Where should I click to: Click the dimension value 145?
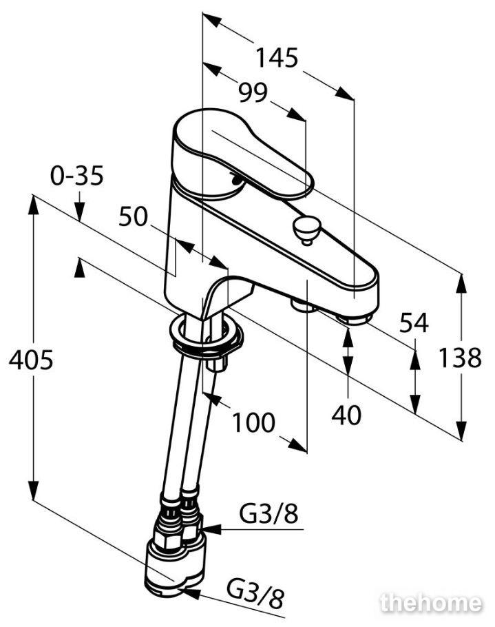pos(277,58)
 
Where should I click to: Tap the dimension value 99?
pos(253,93)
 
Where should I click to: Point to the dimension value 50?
pos(134,217)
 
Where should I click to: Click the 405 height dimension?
pos(31,360)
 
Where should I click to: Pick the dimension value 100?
pos(253,422)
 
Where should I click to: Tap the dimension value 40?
pos(346,415)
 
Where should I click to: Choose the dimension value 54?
pos(414,323)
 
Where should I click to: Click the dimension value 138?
pos(460,358)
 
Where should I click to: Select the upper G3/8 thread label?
pos(268,513)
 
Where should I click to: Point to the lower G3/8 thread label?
pos(255,599)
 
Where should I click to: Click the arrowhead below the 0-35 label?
pos(79,211)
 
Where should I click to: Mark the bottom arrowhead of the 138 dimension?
pos(461,431)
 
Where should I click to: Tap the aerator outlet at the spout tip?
pos(355,319)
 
